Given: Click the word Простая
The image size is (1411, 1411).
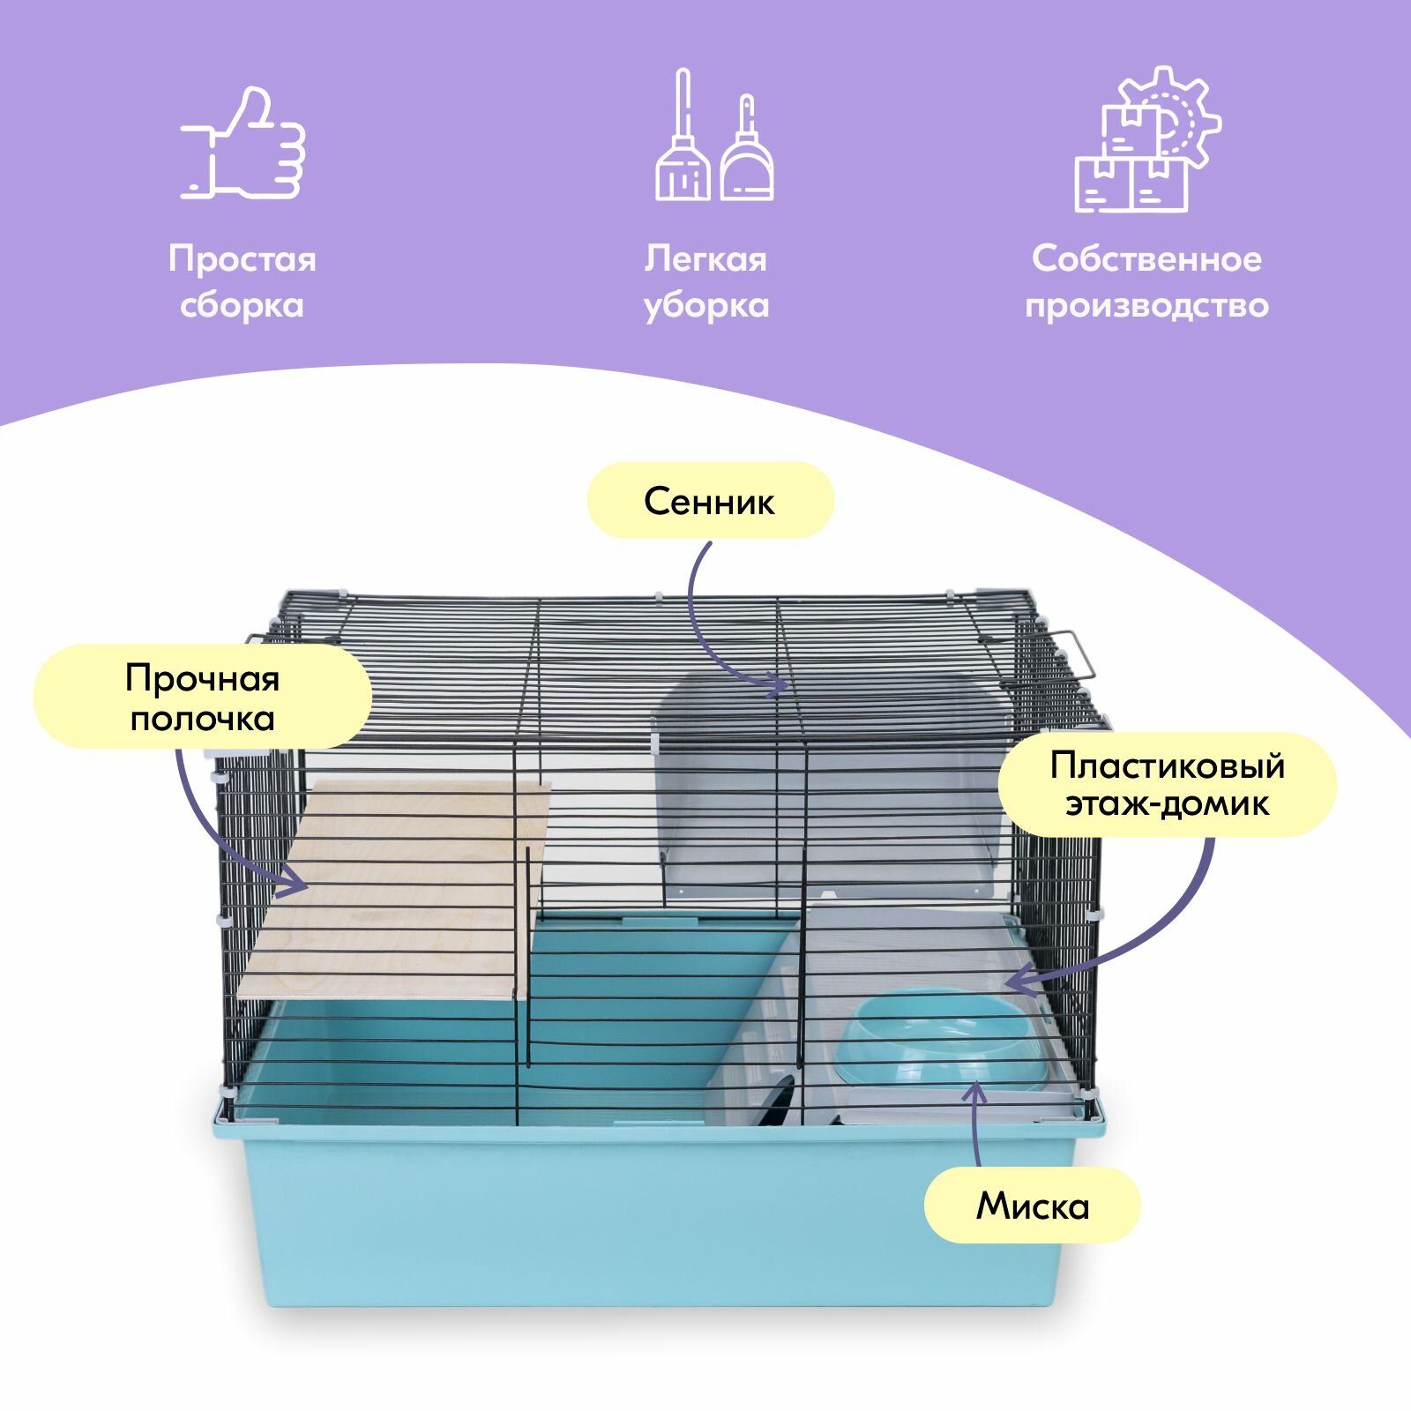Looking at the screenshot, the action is click(243, 259).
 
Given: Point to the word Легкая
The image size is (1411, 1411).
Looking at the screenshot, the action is click(705, 259).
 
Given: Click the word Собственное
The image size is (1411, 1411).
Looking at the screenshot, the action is click(1146, 259).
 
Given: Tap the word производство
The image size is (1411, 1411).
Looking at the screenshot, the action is click(1146, 306).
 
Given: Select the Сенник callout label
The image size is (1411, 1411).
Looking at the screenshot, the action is click(710, 501).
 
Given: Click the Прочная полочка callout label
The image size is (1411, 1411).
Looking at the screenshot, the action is click(202, 698).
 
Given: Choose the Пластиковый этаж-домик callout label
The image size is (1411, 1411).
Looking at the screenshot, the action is click(1167, 784).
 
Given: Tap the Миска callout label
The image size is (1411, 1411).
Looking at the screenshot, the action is click(1032, 1206).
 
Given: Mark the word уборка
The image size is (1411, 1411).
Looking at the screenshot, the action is click(705, 306).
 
